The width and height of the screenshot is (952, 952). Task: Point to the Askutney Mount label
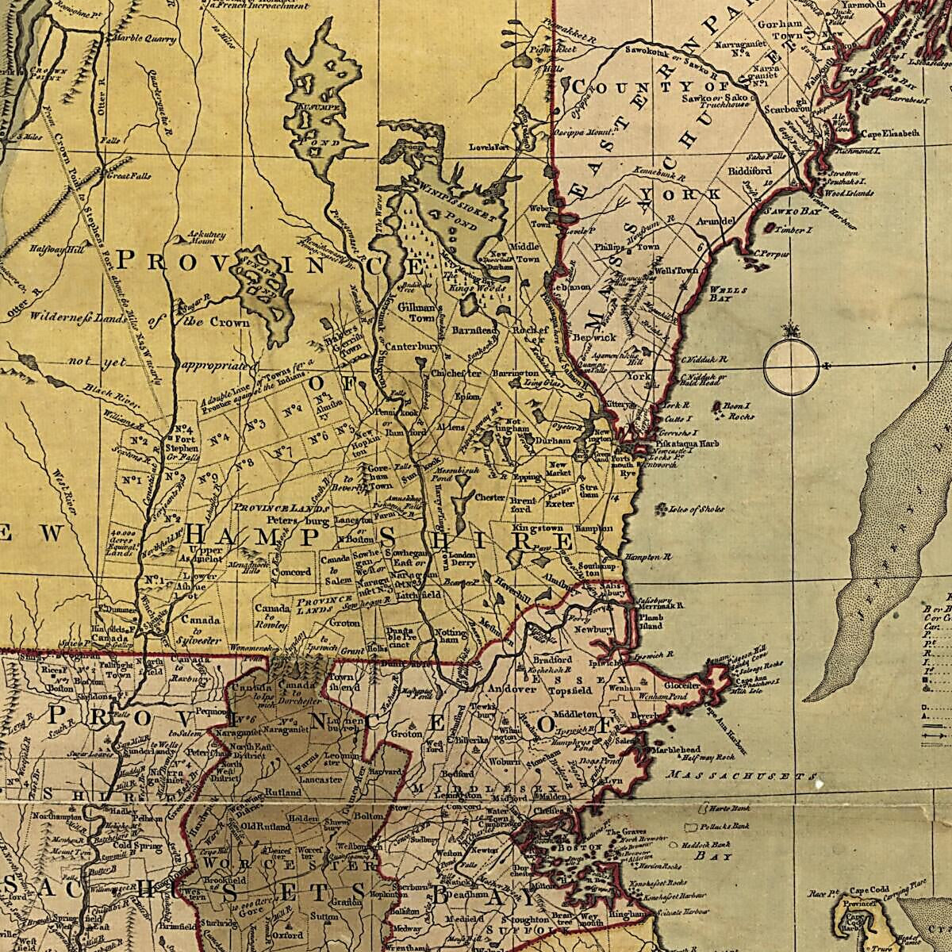click(x=204, y=238)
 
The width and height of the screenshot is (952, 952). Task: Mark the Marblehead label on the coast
click(x=674, y=750)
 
